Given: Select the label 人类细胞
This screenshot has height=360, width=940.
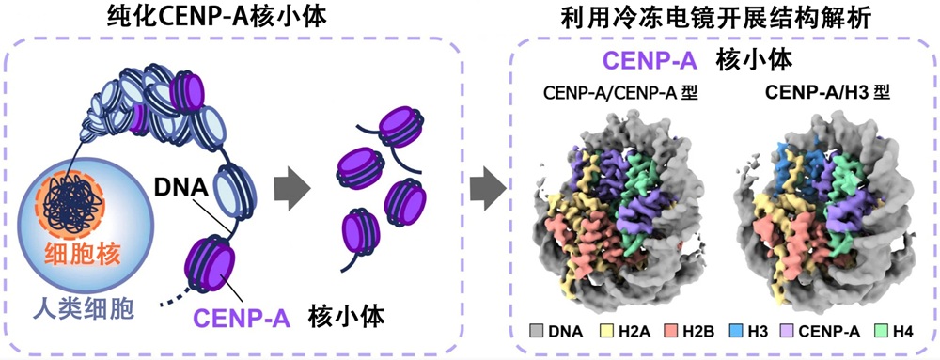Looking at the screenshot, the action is [90, 308].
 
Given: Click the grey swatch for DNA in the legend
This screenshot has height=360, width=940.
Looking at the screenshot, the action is [537, 331].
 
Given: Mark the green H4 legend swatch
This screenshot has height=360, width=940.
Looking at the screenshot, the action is [876, 331].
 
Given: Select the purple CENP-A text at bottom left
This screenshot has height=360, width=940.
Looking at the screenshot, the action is [242, 318].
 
